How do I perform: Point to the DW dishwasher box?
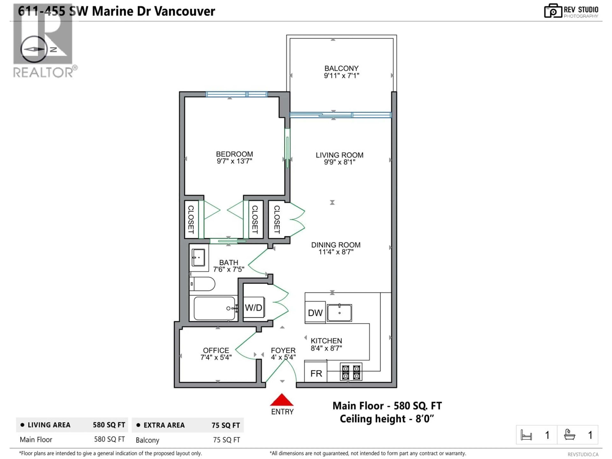[x=315, y=313]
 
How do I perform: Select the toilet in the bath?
[x=203, y=284]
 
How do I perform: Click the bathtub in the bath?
[x=214, y=308]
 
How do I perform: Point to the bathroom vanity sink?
[x=198, y=257]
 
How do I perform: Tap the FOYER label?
[x=283, y=350]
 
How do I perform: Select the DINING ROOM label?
[x=336, y=245]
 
